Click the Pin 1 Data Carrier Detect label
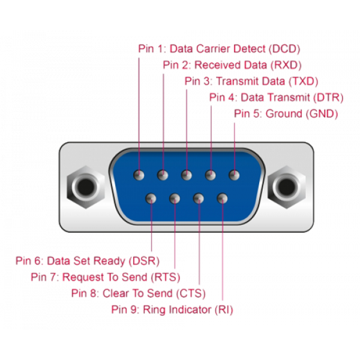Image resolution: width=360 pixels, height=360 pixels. pos(219,49)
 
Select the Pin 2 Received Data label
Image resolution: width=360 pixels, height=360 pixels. pos(232,65)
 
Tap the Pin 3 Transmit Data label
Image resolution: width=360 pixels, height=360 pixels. pos(251,81)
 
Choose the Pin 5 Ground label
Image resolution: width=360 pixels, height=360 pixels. pos(286,113)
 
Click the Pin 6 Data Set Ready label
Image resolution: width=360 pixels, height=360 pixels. pos(88,261)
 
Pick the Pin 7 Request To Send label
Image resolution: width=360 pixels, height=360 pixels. pos(105,277)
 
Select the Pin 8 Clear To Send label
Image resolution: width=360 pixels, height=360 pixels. pos(138,293)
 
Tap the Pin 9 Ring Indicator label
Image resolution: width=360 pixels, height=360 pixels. pos(172,310)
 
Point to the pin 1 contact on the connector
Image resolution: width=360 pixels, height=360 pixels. pos(139,175)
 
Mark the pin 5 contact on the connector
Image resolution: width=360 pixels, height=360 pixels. pos(234,175)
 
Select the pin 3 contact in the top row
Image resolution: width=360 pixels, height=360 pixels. pos(187,175)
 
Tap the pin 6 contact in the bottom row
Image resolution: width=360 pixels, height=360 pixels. pos(151,197)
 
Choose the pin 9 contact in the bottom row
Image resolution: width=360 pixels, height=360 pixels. pos(223,197)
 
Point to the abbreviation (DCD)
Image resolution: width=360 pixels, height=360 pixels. pos(285,49)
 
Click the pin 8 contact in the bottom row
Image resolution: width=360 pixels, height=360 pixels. pos(199,197)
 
